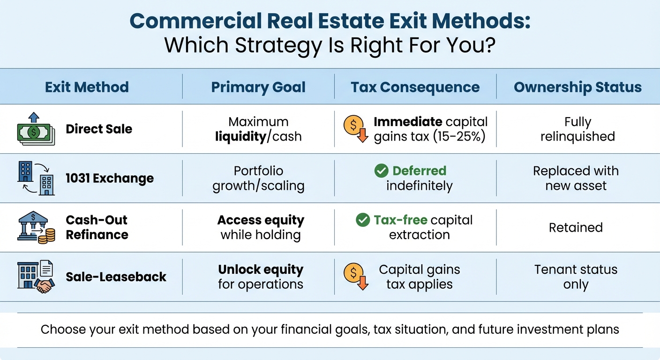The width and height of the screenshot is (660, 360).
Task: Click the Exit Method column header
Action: [87, 87]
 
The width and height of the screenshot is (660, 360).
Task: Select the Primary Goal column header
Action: [258, 87]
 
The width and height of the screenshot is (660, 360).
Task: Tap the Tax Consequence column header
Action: [415, 87]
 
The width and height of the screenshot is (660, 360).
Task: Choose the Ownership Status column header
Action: [577, 87]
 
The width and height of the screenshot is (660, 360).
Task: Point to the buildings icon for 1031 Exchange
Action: [36, 179]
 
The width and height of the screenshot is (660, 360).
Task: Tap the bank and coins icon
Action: [36, 227]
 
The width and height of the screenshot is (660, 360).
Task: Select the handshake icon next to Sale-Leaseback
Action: [36, 277]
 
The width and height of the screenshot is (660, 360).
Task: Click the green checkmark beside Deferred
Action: [382, 171]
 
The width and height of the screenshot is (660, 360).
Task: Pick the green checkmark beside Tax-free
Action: [363, 220]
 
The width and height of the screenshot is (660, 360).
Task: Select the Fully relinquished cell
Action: [577, 129]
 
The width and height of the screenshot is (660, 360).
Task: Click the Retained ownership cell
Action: [576, 228]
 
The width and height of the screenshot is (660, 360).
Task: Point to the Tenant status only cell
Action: [576, 277]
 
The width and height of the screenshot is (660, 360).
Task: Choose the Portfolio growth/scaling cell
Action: [258, 179]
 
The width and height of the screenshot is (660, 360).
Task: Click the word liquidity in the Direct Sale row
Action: [240, 137]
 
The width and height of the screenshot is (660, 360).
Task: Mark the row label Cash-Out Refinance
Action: [97, 227]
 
